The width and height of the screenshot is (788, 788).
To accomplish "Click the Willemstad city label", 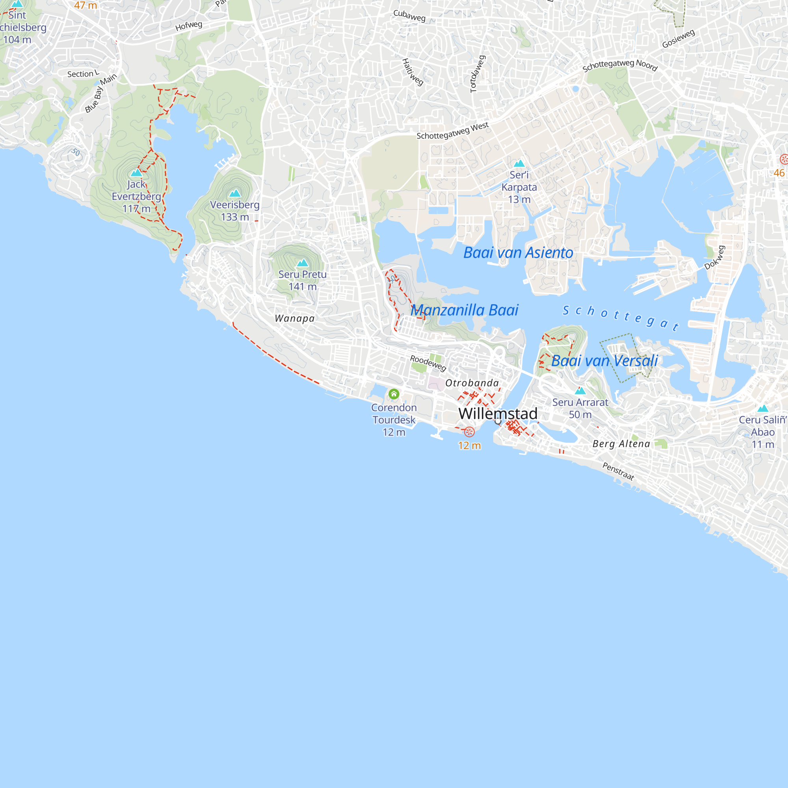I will point(498,414).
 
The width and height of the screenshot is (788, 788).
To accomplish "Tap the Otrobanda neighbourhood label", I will point(472,383).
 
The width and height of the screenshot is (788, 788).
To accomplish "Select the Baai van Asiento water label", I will point(518,253).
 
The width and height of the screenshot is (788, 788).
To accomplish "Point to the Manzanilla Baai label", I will point(464,310).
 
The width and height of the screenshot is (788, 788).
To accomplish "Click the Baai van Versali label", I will point(604,361).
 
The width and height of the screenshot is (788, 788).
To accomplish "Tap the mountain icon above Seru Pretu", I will point(302,263).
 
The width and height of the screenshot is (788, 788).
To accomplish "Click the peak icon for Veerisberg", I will point(235,193).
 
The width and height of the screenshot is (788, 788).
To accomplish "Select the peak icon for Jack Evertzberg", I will point(136,173).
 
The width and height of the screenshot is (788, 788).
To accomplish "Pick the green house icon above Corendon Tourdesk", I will point(394,394).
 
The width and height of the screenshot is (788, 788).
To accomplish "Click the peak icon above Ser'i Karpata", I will point(519,164).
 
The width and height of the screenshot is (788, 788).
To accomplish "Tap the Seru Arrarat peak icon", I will point(580,391).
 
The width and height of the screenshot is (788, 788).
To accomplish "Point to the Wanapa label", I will point(294,318).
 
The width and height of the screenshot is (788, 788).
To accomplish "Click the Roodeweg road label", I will point(428,362).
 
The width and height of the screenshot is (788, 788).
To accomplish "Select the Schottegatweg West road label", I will point(452,131).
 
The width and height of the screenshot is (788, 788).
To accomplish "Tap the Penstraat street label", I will point(618,471).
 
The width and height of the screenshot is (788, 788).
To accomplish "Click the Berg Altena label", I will point(621,444).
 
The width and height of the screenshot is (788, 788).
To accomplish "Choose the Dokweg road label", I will point(715,258).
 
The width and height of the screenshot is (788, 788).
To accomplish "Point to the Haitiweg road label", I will point(413,72).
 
